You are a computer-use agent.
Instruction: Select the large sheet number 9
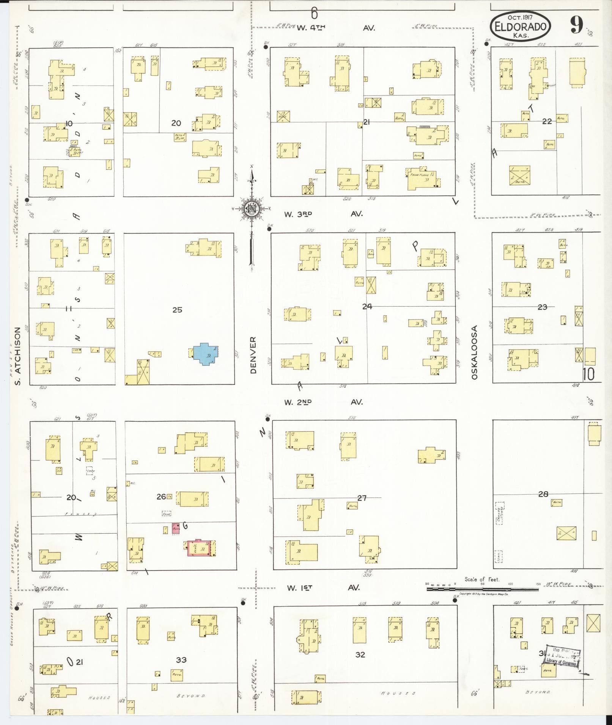[x=577, y=26]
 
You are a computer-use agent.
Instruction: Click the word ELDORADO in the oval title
[x=520, y=27]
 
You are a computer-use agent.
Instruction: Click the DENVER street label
[x=253, y=355]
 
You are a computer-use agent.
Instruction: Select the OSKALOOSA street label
[x=474, y=352]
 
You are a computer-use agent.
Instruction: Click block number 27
[x=362, y=498]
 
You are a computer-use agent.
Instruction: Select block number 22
[x=547, y=121]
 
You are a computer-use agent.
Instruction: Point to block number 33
[x=181, y=660]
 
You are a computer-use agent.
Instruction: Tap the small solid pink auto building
[x=176, y=529]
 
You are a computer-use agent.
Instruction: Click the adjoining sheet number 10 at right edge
[x=589, y=374]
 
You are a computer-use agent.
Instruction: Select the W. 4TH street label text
[x=311, y=28]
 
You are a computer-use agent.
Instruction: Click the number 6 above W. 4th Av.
[x=314, y=14]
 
